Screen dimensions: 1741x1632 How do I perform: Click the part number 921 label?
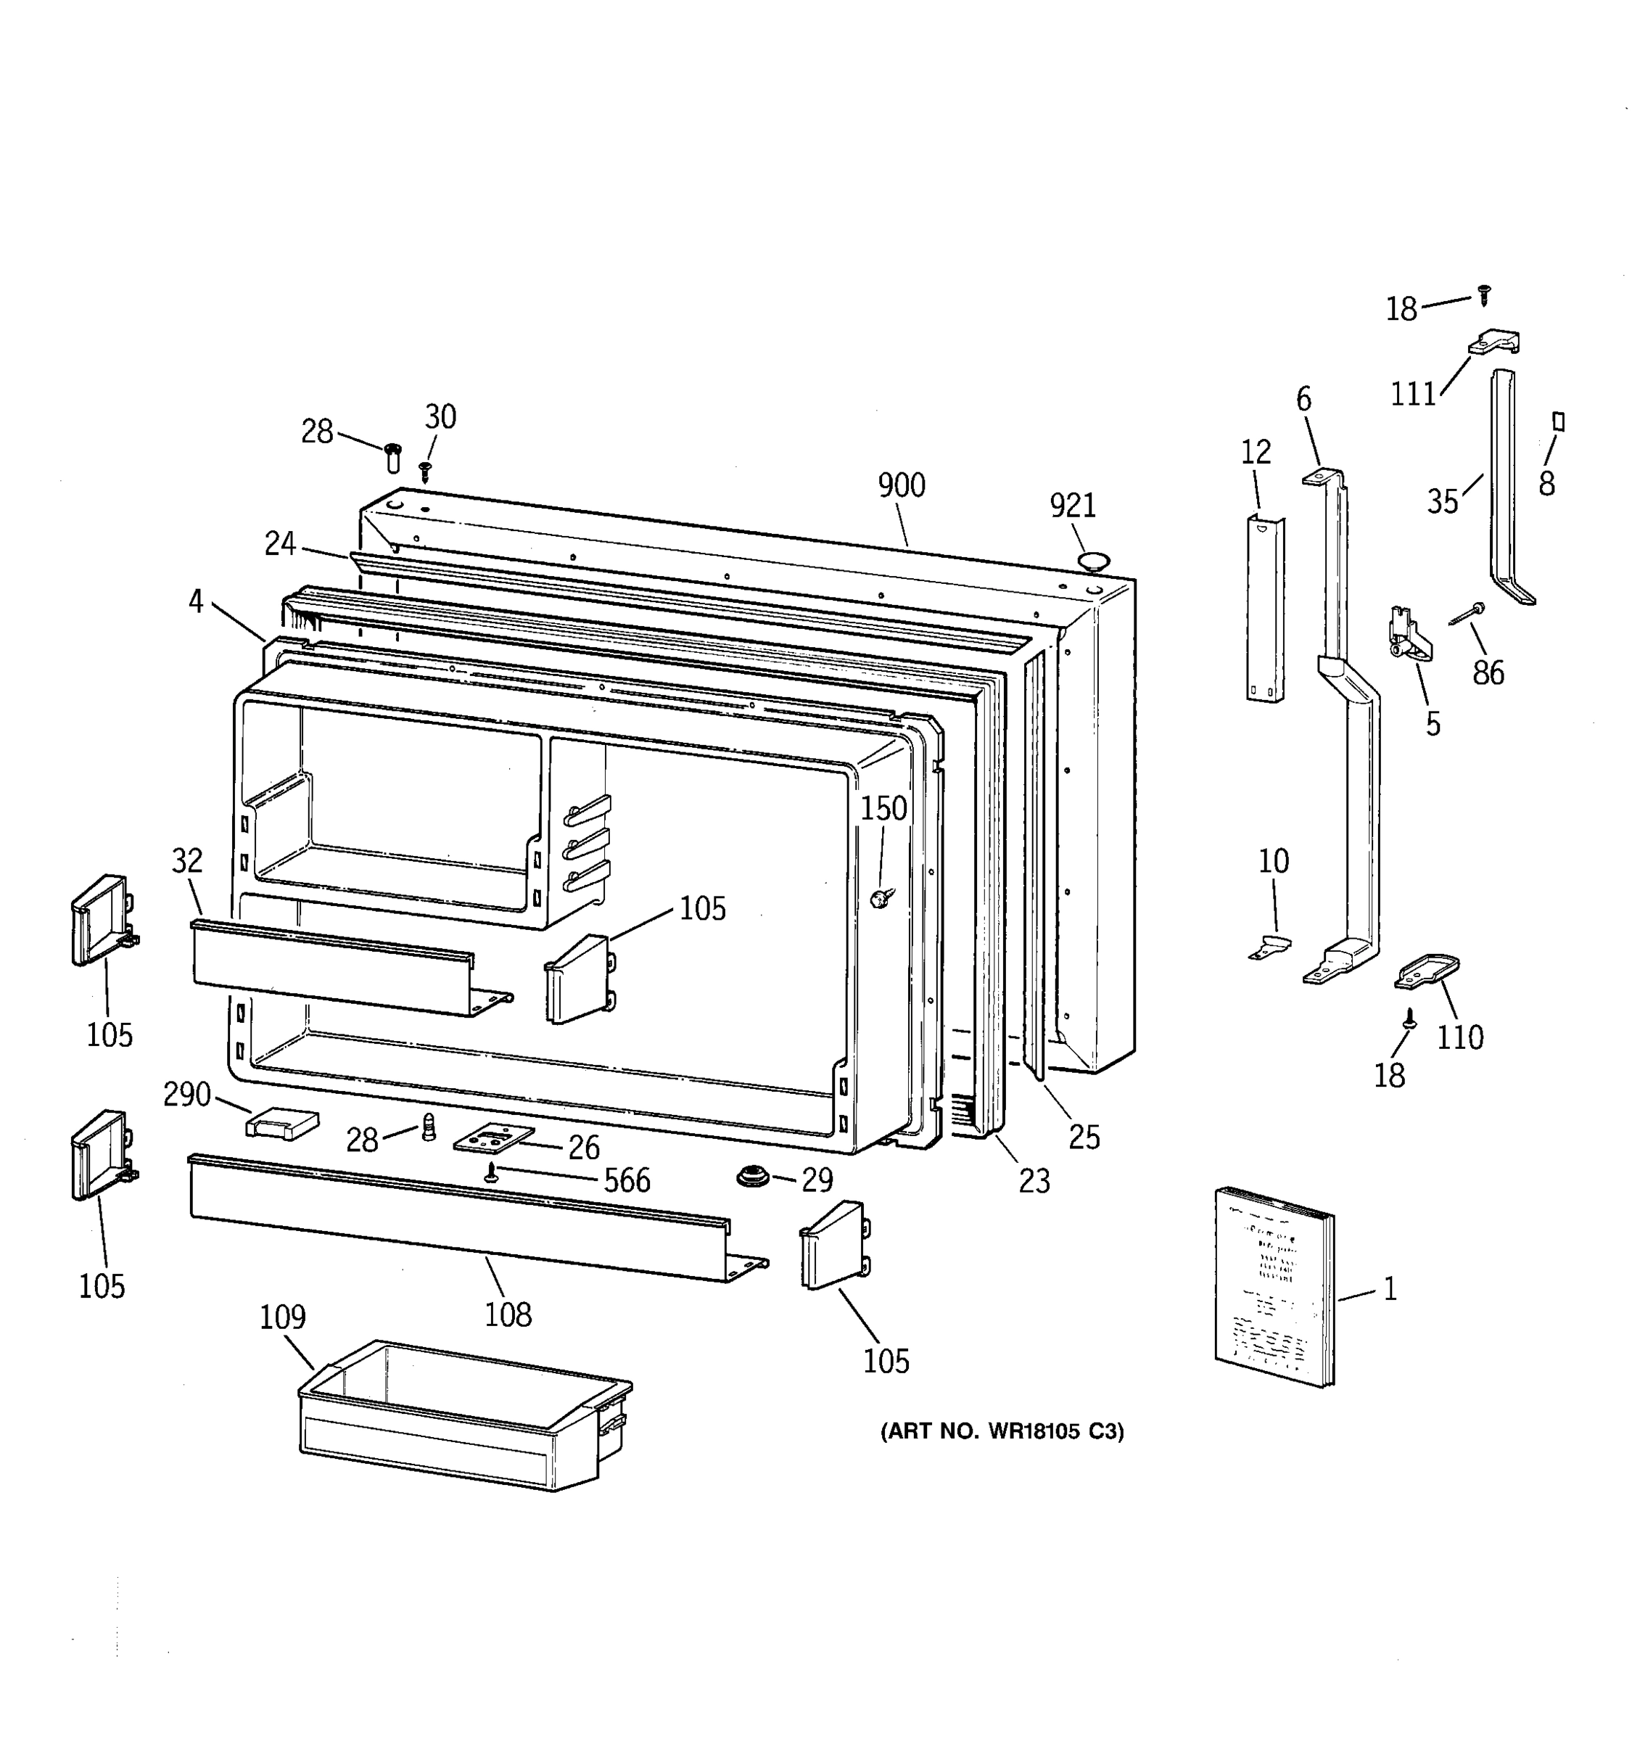pyautogui.click(x=1073, y=506)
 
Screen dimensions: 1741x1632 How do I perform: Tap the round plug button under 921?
pyautogui.click(x=1095, y=559)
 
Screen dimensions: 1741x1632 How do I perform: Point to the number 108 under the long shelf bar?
pyautogui.click(x=508, y=1314)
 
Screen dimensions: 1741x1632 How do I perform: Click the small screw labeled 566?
pyautogui.click(x=492, y=1174)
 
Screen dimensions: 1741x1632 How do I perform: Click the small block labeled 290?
pyautogui.click(x=282, y=1123)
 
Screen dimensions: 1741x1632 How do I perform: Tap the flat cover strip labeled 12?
pyautogui.click(x=1264, y=609)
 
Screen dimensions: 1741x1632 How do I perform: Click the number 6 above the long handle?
pyautogui.click(x=1303, y=400)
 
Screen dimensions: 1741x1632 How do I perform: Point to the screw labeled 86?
pyautogui.click(x=1468, y=613)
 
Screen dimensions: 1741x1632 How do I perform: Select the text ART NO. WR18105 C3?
pyautogui.click(x=1002, y=1432)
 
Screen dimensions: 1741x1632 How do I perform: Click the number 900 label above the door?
pyautogui.click(x=901, y=485)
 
